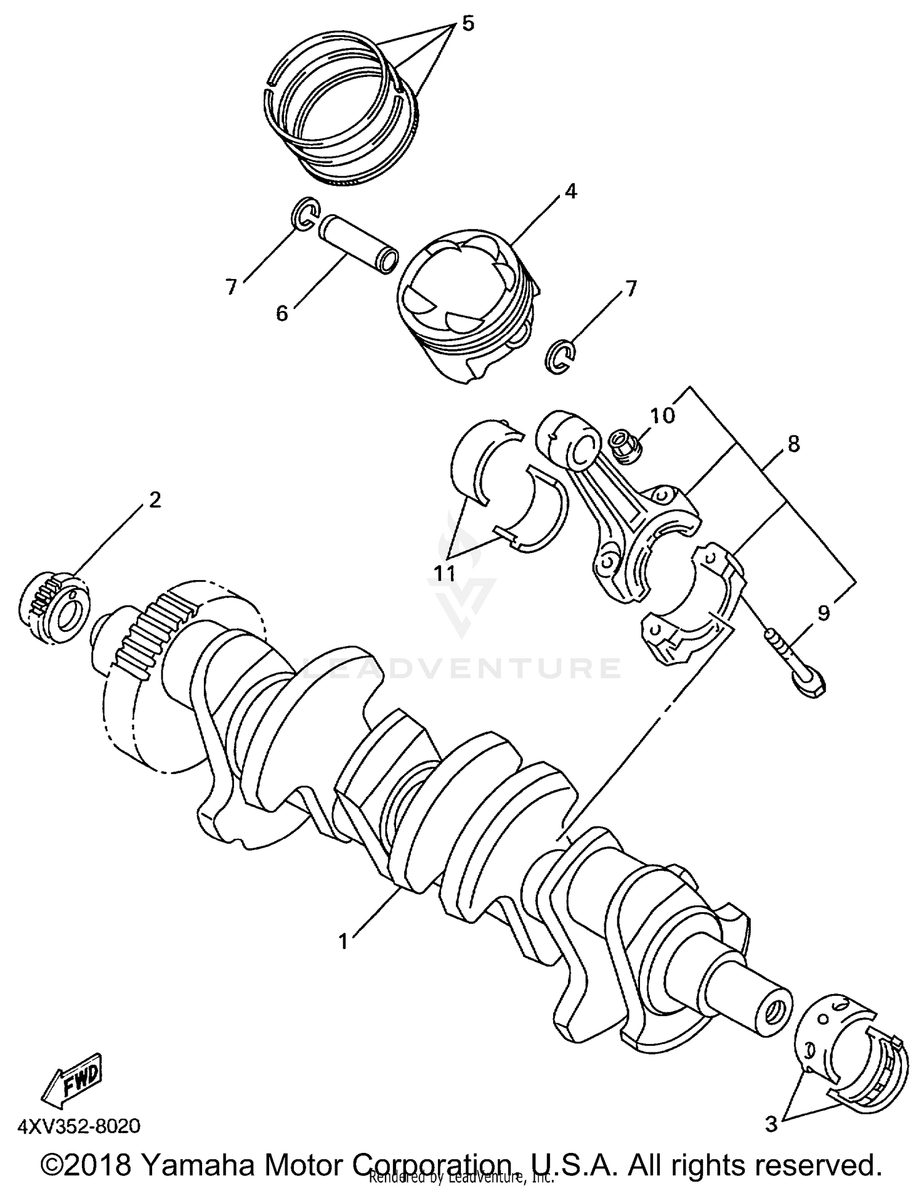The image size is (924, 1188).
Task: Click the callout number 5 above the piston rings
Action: click(x=468, y=24)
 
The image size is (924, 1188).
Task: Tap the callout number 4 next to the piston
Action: click(x=570, y=192)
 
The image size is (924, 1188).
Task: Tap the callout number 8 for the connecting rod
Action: click(x=793, y=443)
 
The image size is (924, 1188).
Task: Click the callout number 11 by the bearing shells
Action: click(x=444, y=573)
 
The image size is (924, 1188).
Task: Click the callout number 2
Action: click(x=155, y=499)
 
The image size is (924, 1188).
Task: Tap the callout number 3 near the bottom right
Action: click(x=771, y=1124)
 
